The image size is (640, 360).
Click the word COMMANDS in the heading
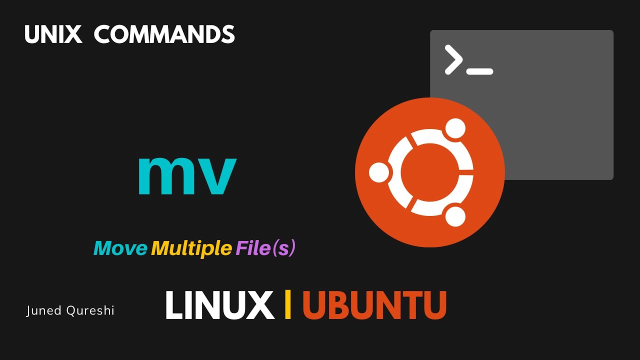[164, 34]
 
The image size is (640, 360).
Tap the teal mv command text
[187, 175]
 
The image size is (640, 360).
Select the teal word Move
[120, 248]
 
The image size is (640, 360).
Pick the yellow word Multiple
[191, 248]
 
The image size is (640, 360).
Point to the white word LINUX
[219, 305]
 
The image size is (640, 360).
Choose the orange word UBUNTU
[374, 305]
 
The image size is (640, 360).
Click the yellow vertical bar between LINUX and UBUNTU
[287, 304]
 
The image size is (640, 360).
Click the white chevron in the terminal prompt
[453, 59]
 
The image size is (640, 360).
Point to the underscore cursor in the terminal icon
[479, 71]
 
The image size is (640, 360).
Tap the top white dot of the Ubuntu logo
[455, 128]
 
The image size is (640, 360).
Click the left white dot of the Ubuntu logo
[379, 172]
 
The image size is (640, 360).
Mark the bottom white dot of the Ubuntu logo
[455, 216]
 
